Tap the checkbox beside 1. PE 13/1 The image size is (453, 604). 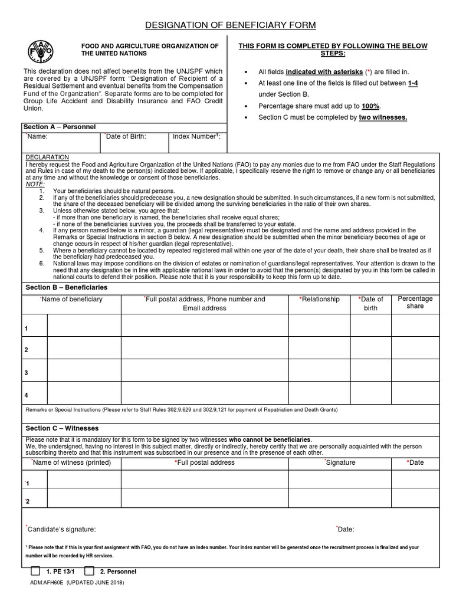coord(35,572)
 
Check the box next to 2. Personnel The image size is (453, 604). coord(89,572)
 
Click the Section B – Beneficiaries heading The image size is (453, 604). coord(66,287)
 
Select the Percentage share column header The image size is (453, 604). coord(415,303)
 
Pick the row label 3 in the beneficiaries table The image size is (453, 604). coord(26,372)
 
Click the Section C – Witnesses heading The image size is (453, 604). coord(62,428)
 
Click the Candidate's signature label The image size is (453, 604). coord(61,529)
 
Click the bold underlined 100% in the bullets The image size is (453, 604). coord(372,106)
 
